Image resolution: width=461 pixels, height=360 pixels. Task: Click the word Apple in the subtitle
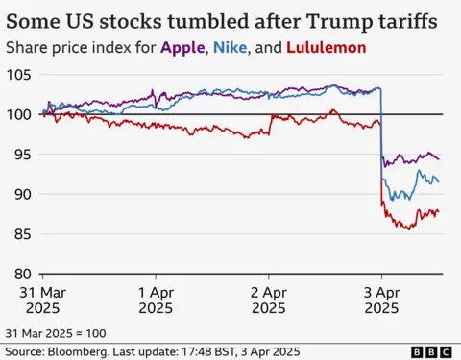[179, 47]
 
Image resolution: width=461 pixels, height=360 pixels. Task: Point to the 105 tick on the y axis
[20, 75]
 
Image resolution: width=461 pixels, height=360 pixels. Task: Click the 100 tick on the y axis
[20, 114]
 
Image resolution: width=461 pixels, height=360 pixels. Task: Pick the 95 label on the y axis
[24, 155]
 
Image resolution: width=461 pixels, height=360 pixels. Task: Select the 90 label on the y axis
[24, 194]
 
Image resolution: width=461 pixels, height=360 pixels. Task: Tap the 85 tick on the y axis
[24, 233]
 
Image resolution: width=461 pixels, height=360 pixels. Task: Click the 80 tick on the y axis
[24, 273]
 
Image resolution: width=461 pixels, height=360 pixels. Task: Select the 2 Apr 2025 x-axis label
[268, 299]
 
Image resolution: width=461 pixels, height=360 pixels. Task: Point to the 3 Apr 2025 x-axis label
[381, 299]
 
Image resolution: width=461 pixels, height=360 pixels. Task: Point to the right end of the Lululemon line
[440, 212]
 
